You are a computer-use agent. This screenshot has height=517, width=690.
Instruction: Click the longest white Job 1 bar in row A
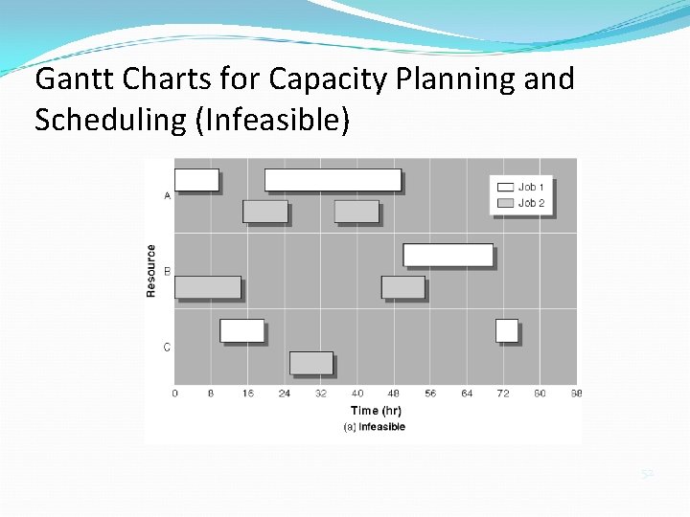coord(333,180)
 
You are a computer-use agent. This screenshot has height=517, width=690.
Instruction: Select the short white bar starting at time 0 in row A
coord(196,180)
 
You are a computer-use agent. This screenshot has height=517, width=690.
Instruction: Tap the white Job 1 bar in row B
coord(448,255)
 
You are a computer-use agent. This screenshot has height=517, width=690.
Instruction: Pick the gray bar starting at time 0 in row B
coord(208,287)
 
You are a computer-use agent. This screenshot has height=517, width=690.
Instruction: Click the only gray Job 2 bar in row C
coord(311,363)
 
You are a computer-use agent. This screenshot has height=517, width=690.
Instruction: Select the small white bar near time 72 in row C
coord(507,330)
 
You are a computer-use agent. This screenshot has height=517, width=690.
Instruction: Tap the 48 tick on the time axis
coord(394,393)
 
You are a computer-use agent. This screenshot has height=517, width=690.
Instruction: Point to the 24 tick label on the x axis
coord(284,393)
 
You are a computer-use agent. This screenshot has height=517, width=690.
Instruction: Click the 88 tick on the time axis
coord(576,393)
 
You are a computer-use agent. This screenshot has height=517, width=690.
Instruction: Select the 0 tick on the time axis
coord(174,393)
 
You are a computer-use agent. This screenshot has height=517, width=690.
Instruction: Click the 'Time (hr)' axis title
coord(376,411)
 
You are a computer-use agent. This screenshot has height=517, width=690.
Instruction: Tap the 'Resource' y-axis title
coord(151,271)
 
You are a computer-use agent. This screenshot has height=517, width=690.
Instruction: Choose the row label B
coord(168,272)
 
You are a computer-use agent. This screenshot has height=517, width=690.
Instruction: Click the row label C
coord(168,348)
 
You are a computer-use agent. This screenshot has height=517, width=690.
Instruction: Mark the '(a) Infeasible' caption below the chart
coord(375,427)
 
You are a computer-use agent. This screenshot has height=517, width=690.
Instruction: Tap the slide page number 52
coord(647,473)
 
